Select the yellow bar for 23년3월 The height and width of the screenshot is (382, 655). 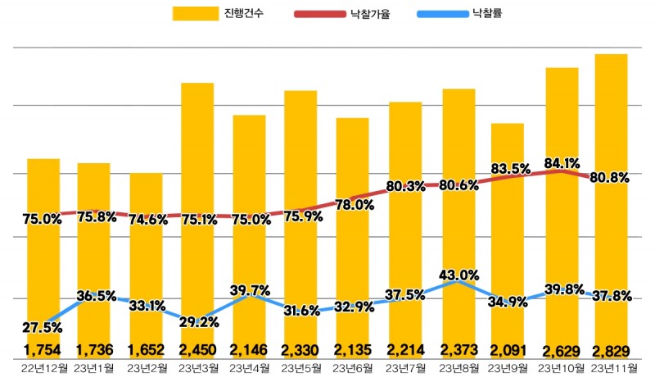pyautogui.click(x=197, y=164)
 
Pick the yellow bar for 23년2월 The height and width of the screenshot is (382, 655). pyautogui.click(x=146, y=262)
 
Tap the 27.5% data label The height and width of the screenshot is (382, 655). pyautogui.click(x=41, y=328)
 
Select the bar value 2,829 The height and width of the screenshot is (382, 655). pyautogui.click(x=611, y=351)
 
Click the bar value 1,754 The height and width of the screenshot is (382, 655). pyautogui.click(x=43, y=351)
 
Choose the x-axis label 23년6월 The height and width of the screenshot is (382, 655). pyautogui.click(x=352, y=368)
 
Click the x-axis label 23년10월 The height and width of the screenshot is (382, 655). pyautogui.click(x=558, y=368)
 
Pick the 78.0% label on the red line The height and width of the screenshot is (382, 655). pyautogui.click(x=355, y=205)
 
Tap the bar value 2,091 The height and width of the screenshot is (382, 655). pyautogui.click(x=508, y=351)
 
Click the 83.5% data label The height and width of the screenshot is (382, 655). pyautogui.click(x=510, y=169)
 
